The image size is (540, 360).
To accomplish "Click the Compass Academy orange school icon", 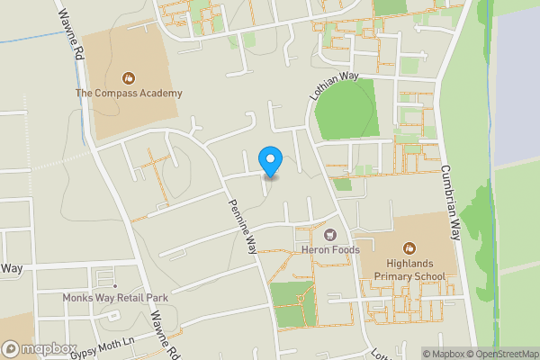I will click(129, 77).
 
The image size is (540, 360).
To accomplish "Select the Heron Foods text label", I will click(330, 249).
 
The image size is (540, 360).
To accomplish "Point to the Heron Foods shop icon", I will click(330, 234).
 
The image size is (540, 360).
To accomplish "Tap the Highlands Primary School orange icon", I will click(410, 248).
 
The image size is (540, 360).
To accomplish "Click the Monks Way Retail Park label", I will click(103, 297).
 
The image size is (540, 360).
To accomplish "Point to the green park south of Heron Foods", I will click(292, 304).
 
